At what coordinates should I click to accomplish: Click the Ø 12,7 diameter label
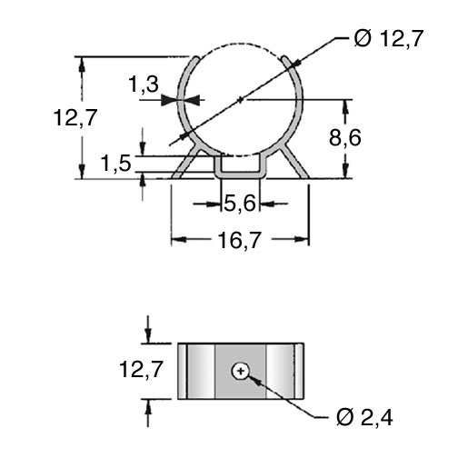(x=388, y=39)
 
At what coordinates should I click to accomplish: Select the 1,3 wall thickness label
(x=144, y=84)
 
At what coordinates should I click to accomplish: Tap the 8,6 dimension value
(x=345, y=138)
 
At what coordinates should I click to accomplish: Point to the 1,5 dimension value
(x=115, y=164)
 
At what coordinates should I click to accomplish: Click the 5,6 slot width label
(x=240, y=203)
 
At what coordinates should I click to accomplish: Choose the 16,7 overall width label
(x=239, y=240)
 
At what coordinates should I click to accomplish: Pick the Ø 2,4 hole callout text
(x=364, y=418)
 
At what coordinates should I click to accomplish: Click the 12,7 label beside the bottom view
(x=142, y=369)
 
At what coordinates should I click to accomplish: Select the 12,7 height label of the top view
(x=75, y=117)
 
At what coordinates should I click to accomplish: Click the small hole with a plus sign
(x=241, y=371)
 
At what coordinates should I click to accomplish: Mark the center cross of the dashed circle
(x=241, y=99)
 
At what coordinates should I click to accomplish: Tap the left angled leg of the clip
(x=186, y=163)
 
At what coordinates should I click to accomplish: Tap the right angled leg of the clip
(x=294, y=163)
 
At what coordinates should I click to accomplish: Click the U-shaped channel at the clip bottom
(x=240, y=174)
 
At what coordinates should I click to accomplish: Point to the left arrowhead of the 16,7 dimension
(x=178, y=240)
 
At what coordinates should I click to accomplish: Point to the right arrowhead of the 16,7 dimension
(x=302, y=240)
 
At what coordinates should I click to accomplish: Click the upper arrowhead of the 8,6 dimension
(x=345, y=106)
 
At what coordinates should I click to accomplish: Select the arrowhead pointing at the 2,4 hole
(x=254, y=380)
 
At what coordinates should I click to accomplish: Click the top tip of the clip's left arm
(x=197, y=57)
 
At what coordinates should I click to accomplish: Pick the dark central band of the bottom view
(x=241, y=371)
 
